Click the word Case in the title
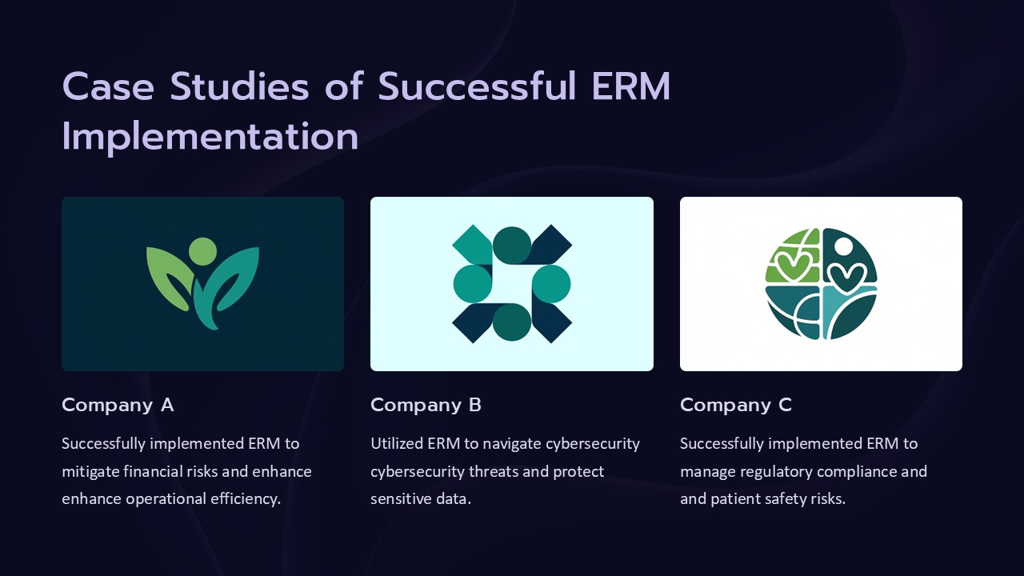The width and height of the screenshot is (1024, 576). [x=107, y=86]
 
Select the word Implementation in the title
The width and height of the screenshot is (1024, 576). [x=210, y=137]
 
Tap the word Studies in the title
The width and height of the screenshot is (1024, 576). [x=239, y=86]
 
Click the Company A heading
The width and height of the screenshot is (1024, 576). [x=118, y=405]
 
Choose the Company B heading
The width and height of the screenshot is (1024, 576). [x=426, y=405]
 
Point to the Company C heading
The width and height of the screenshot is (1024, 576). [x=735, y=405]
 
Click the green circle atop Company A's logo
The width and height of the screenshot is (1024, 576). [x=202, y=250]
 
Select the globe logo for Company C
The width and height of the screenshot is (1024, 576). [x=821, y=284]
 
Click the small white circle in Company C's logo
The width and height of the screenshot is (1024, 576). [x=842, y=245]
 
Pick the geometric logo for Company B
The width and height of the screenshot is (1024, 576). [x=512, y=284]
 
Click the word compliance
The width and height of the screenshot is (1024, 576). [x=858, y=471]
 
